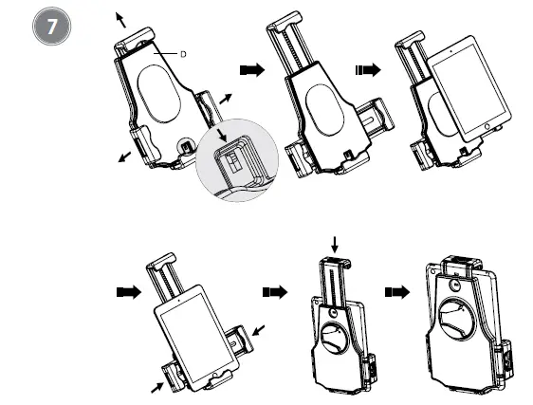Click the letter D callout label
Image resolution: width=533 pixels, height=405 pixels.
[182, 55]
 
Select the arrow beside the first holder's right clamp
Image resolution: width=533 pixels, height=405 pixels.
[224, 99]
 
